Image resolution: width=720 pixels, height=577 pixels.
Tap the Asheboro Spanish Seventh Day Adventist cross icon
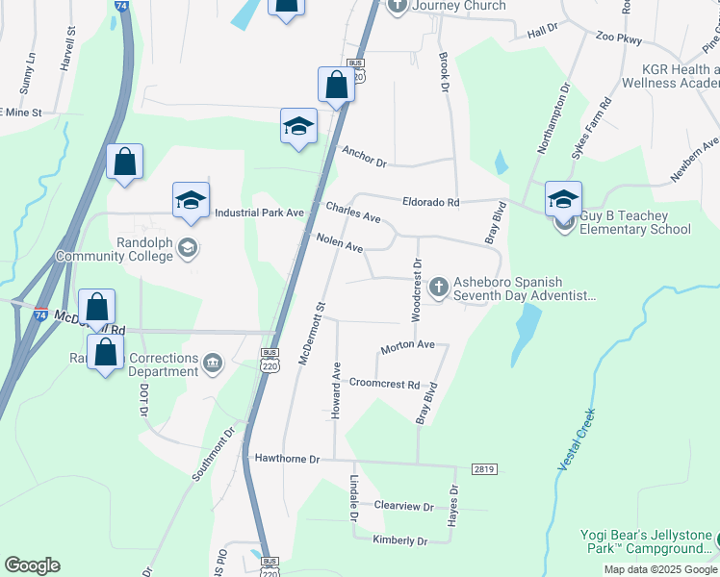point(438,286)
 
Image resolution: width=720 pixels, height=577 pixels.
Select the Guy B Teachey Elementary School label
point(635,229)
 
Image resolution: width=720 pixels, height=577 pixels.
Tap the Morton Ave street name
point(408,344)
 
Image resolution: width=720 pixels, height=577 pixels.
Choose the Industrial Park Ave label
point(260,213)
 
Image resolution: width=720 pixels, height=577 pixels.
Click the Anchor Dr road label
point(363,156)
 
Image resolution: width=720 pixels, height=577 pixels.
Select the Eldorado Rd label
point(430,203)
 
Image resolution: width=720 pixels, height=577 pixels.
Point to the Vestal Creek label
point(577,439)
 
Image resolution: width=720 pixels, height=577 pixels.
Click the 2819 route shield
point(484,468)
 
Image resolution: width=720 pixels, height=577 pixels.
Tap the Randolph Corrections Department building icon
point(213,362)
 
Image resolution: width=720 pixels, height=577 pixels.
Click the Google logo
point(32,565)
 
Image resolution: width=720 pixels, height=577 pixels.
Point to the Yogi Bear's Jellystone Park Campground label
point(647,542)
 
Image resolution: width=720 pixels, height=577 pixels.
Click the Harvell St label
point(68,45)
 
